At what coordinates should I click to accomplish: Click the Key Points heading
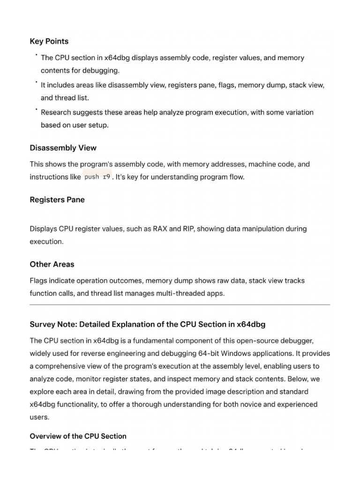click(x=49, y=41)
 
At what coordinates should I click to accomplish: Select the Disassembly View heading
click(x=63, y=148)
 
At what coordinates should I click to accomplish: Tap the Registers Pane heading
click(x=57, y=200)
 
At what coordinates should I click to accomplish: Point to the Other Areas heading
click(x=52, y=264)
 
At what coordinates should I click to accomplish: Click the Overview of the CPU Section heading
click(x=78, y=436)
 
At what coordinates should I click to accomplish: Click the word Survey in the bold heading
click(x=42, y=324)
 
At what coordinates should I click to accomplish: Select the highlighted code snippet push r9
click(x=97, y=177)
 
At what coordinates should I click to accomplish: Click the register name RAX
click(x=160, y=229)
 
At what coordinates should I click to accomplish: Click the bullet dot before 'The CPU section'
click(x=36, y=55)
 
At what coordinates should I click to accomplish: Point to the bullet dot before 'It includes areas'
click(x=36, y=82)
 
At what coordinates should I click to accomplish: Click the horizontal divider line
click(x=180, y=305)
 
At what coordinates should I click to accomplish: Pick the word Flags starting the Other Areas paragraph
click(x=39, y=281)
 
